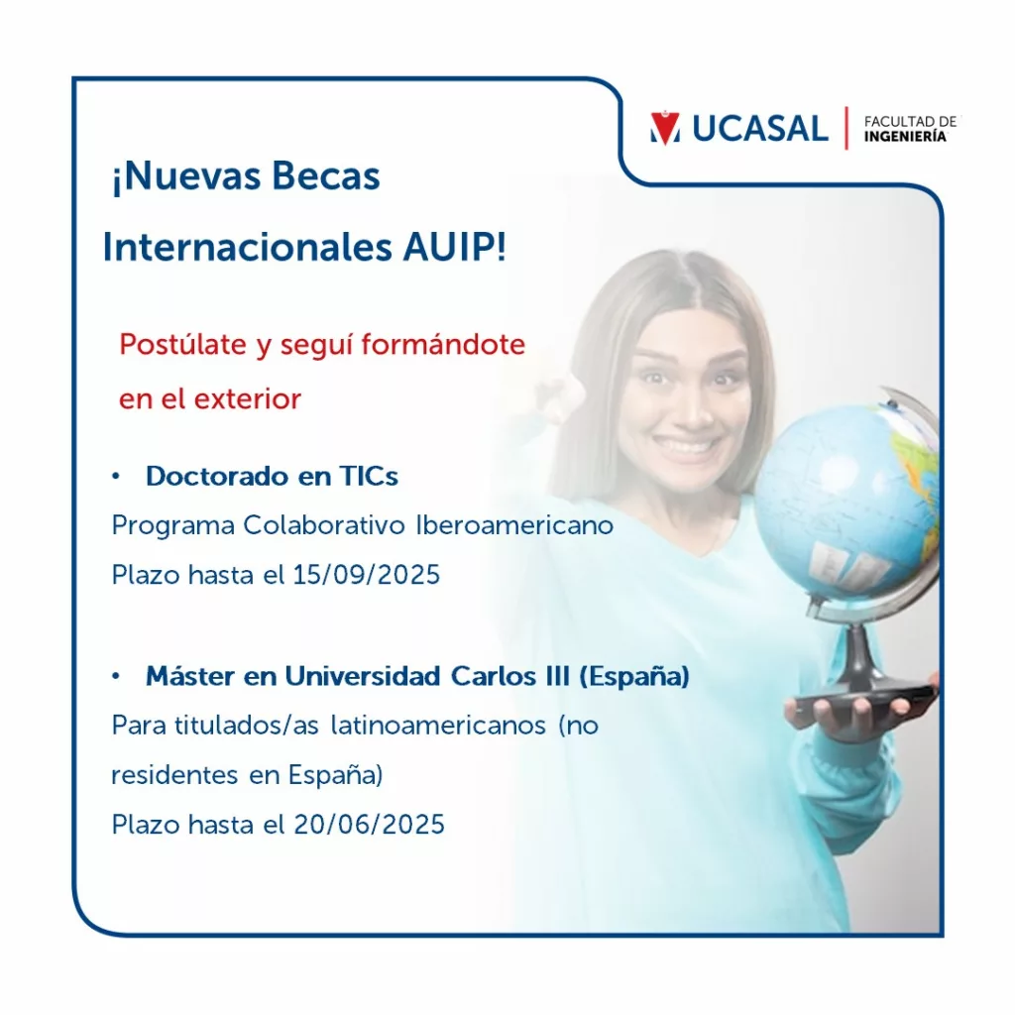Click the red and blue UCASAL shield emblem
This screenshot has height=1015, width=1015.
tap(665, 128)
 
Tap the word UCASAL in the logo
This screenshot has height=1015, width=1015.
tap(760, 128)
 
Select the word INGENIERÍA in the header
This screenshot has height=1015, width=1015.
tap(905, 136)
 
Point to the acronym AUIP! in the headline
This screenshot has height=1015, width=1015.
tap(454, 247)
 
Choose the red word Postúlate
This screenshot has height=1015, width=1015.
tap(182, 345)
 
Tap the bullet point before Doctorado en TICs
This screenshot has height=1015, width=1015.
tap(116, 477)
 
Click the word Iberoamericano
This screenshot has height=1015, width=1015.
tap(514, 525)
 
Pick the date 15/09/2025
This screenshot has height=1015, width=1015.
tap(367, 575)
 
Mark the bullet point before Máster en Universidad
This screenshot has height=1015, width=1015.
tap(116, 676)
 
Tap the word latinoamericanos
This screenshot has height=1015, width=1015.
tap(438, 726)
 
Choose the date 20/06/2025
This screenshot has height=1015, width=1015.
tap(369, 825)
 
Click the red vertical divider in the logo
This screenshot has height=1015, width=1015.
tap(846, 128)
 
